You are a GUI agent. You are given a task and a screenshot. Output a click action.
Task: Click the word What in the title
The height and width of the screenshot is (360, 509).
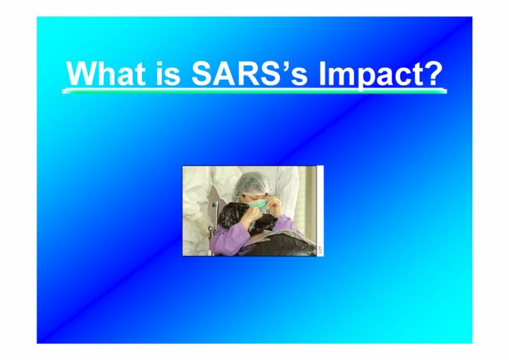105,73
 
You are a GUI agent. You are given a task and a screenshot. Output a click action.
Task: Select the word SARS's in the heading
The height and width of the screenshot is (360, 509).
249,73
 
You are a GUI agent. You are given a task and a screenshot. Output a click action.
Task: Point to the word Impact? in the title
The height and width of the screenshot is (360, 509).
380,75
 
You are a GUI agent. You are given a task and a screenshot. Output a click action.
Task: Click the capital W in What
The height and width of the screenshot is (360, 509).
83,73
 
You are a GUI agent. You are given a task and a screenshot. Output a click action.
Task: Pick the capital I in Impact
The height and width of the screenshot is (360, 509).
322,73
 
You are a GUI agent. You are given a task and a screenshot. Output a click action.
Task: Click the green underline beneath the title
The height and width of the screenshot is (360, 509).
255,91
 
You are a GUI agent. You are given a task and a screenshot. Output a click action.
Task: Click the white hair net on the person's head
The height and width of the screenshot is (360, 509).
253,182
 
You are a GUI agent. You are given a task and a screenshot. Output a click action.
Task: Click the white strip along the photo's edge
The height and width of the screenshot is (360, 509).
320,211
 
